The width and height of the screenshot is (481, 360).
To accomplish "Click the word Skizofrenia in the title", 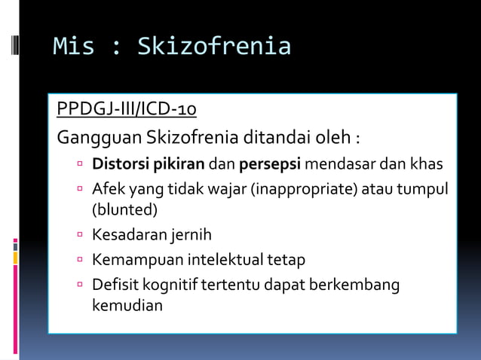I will [x=213, y=47].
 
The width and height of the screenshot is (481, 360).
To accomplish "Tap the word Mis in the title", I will [x=73, y=47].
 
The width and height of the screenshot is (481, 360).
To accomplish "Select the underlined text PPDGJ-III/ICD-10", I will [x=127, y=110].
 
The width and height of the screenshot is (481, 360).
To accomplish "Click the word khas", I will [x=427, y=163].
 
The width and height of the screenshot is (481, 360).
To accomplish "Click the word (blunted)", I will [x=124, y=209].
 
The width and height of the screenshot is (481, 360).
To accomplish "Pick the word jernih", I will [x=191, y=235].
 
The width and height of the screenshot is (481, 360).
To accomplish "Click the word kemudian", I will [x=127, y=306].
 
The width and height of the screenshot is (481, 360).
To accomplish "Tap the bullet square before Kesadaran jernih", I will [x=79, y=235].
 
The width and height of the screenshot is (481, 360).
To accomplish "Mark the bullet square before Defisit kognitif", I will [x=79, y=285].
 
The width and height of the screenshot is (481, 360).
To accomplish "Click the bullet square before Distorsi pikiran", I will [x=79, y=163].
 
